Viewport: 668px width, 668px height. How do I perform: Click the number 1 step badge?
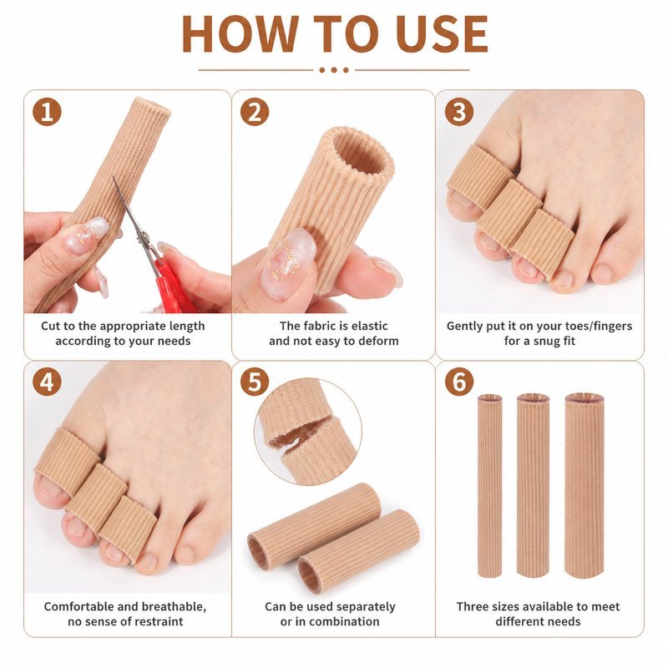pyautogui.click(x=47, y=112)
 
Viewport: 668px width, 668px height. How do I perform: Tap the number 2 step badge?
pyautogui.click(x=255, y=112)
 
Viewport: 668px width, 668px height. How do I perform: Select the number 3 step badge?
pyautogui.click(x=459, y=112)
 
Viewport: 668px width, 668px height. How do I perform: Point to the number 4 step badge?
pyautogui.click(x=47, y=382)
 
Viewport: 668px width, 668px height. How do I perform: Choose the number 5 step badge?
pyautogui.click(x=255, y=382)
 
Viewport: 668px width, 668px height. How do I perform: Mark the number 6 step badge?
pyautogui.click(x=459, y=382)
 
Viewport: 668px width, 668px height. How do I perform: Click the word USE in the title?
pyautogui.click(x=442, y=34)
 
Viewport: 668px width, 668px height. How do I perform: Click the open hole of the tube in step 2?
pyautogui.click(x=363, y=155)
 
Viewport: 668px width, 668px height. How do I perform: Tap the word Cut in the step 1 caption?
pyautogui.click(x=51, y=326)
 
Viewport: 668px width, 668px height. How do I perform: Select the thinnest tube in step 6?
pyautogui.click(x=489, y=486)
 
